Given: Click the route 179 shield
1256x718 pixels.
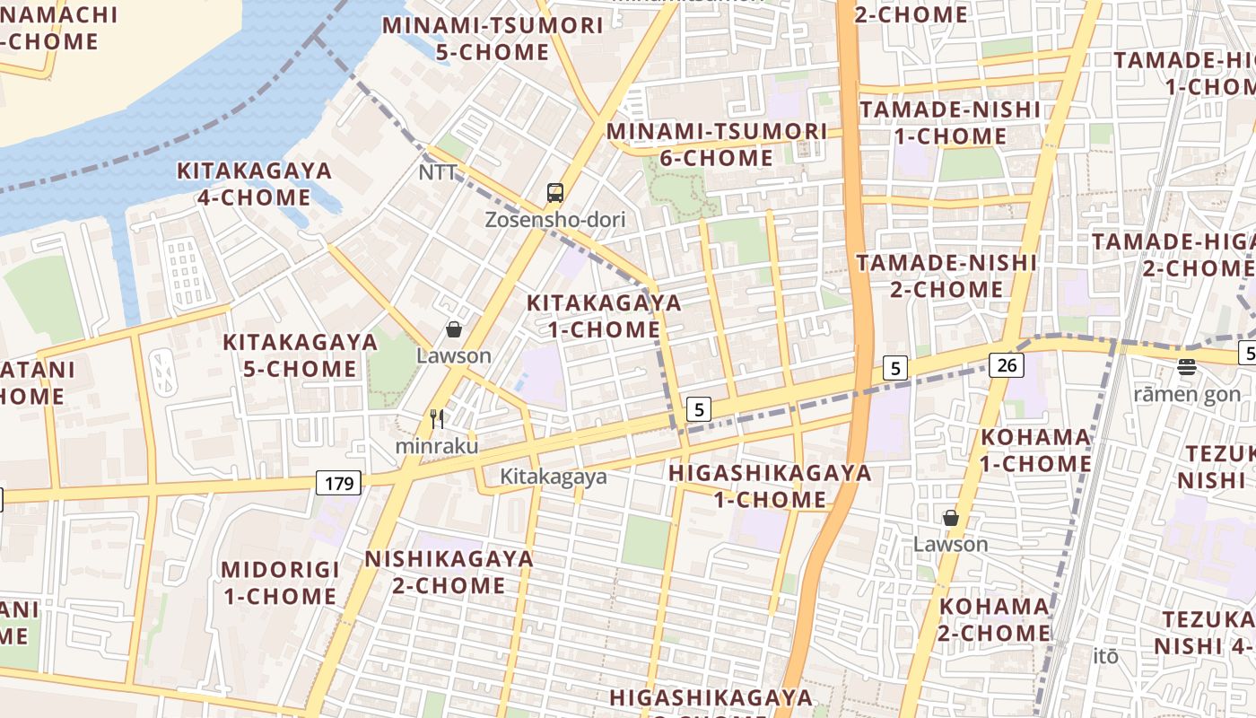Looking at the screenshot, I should coord(339,484).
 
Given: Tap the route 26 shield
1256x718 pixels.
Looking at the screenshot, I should coord(1007,364).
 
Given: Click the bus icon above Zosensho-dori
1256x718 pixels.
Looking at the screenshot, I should coord(555,192).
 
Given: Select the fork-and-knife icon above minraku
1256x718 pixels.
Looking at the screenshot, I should coord(437,418).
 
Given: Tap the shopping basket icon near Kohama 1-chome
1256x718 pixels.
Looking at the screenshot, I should coord(951,518).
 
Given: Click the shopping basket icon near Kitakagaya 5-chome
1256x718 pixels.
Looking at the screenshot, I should coord(454,329).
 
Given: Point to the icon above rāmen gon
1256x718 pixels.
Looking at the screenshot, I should coord(1187,366).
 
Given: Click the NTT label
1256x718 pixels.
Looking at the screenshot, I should coord(438,171).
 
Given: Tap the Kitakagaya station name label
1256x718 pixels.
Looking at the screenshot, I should coord(554,477).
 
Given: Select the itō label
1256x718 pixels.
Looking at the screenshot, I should coord(1106,656).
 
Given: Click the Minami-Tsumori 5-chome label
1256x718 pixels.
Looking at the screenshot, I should coord(493,39).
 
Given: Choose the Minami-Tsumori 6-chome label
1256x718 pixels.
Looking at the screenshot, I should coord(716,144).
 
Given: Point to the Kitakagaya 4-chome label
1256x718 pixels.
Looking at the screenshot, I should coord(254,184).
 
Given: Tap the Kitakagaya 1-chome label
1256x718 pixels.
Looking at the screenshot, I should coord(604,316).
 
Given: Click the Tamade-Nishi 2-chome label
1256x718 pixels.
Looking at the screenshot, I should coord(946,276).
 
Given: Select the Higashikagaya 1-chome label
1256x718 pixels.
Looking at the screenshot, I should coord(771,486).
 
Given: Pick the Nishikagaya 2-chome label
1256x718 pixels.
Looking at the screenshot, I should coord(449,572).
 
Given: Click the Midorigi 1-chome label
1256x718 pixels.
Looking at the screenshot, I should coord(280,582).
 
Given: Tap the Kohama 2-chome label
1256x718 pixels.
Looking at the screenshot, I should coord(994,619).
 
